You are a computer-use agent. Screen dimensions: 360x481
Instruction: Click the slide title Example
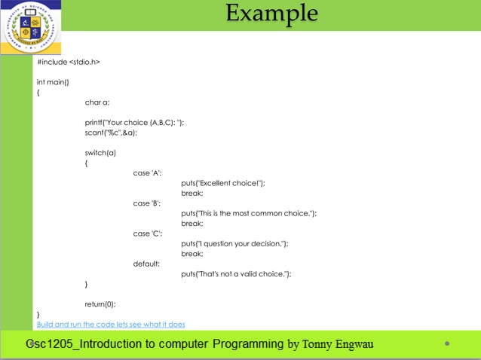coord(271,14)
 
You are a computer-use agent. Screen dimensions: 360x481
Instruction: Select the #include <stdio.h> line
coord(69,62)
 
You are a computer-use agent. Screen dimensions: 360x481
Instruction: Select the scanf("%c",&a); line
coord(111,133)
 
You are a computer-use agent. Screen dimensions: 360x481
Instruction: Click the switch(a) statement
coord(100,153)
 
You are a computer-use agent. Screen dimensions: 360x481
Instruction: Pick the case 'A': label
coord(148,172)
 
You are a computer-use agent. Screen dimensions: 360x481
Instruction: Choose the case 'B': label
coord(148,203)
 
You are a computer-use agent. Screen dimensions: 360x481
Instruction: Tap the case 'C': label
coord(148,233)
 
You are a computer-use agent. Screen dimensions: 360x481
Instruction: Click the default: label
coord(146,264)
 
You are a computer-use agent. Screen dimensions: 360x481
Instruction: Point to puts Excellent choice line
coord(223,183)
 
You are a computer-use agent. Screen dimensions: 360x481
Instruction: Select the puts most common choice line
coord(249,213)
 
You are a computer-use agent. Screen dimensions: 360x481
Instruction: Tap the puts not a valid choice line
coord(236,274)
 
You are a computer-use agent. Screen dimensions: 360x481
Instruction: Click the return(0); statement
coord(100,304)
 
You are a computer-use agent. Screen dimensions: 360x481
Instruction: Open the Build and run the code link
coord(111,325)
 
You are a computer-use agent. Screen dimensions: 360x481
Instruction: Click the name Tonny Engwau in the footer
coord(337,345)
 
